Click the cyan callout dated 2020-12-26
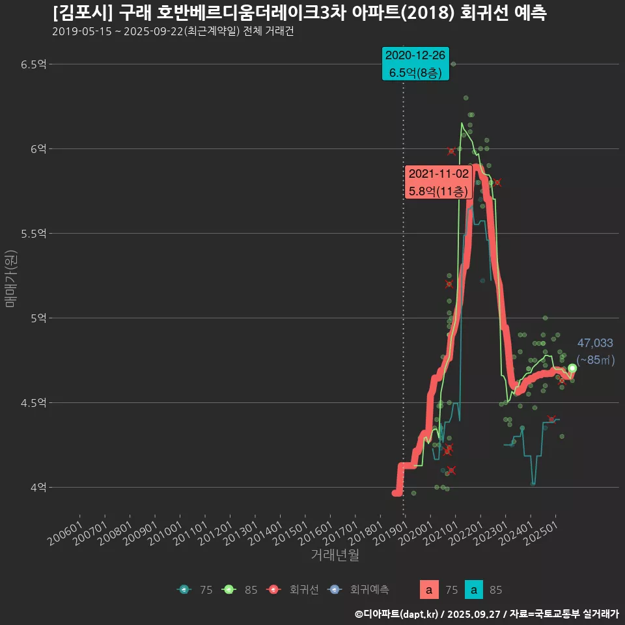(x=416, y=64)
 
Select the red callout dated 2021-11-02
(x=437, y=182)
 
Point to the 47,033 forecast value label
(x=595, y=344)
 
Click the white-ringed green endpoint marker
(x=572, y=368)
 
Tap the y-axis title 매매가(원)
(x=10, y=278)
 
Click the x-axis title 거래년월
(x=335, y=555)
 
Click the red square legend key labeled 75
(x=428, y=590)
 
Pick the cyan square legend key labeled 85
(x=474, y=590)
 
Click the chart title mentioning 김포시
(x=299, y=12)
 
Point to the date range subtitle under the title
(x=173, y=31)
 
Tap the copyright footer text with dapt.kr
(x=486, y=613)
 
